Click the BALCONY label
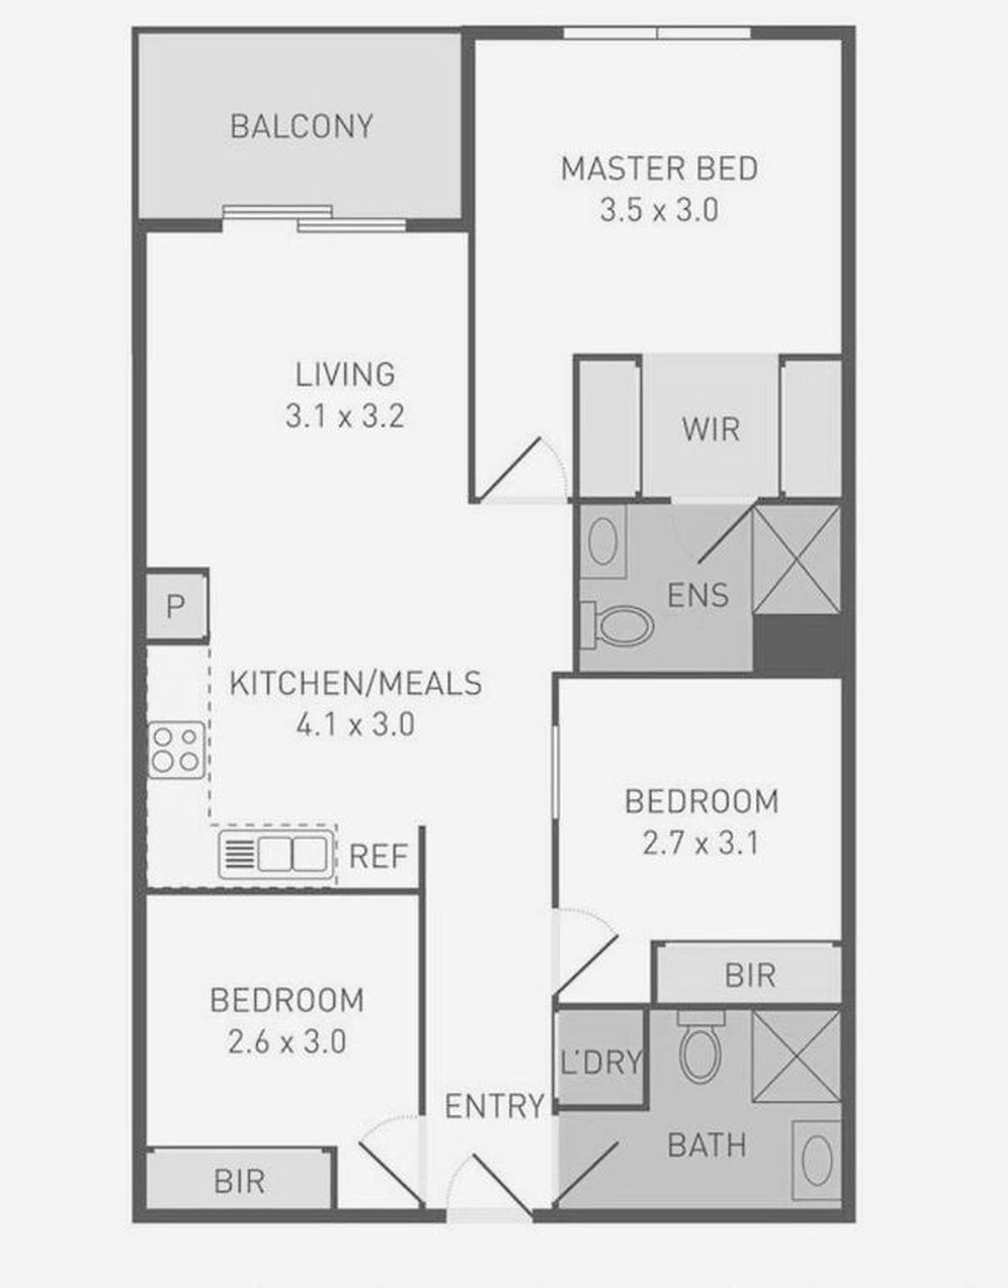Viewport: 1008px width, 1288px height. tap(302, 126)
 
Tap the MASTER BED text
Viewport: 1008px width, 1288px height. tap(659, 169)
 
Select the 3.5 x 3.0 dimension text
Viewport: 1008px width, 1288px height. tap(659, 211)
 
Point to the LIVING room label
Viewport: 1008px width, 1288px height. tap(345, 374)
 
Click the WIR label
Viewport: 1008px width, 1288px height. tap(711, 429)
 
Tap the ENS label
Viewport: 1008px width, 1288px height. tap(698, 595)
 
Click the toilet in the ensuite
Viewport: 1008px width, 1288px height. tap(617, 626)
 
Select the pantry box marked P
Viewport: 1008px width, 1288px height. tap(176, 605)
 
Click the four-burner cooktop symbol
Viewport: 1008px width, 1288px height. tap(176, 750)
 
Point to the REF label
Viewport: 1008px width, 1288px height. tap(378, 856)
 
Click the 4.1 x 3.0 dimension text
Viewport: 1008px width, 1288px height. tap(355, 725)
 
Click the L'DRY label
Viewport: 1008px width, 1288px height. tap(601, 1062)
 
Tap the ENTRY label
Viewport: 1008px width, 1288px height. tap(495, 1106)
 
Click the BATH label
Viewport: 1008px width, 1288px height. tap(706, 1145)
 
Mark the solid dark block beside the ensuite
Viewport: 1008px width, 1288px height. tap(797, 644)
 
